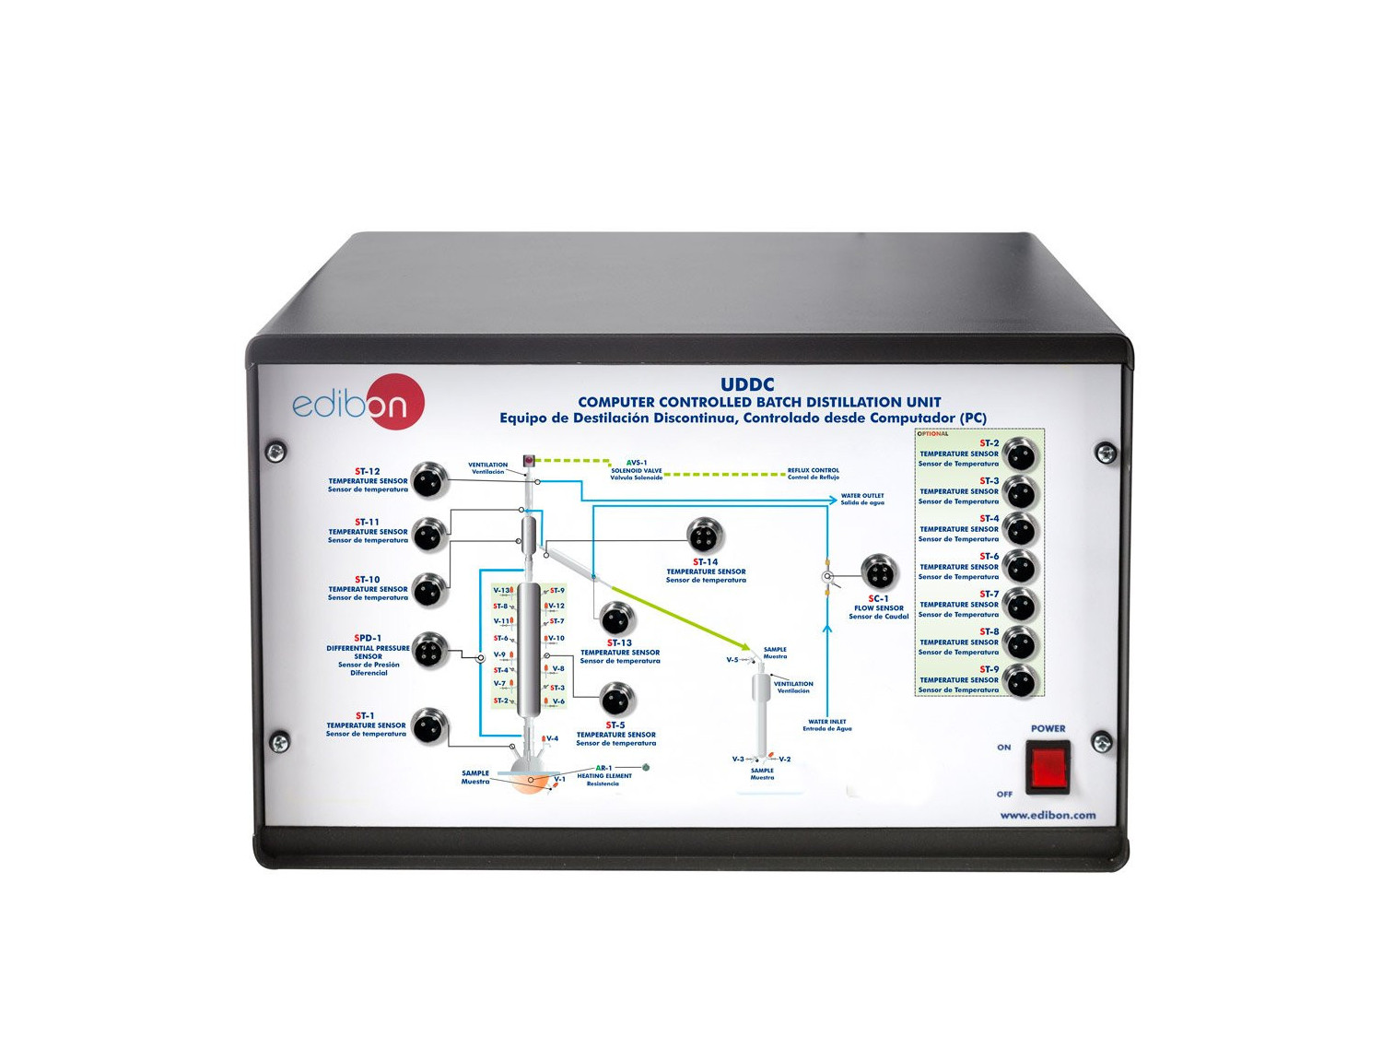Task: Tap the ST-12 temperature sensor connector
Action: pos(428,480)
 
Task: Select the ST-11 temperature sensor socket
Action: pos(428,534)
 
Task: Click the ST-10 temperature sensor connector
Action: pos(428,590)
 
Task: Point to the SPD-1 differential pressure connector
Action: pos(428,652)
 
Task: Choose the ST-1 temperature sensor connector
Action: pos(428,727)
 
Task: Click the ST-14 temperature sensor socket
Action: pos(705,536)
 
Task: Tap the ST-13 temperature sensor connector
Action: pos(616,619)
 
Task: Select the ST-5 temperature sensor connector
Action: pos(616,700)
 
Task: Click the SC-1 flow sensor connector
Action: pos(878,572)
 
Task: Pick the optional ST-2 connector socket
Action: pos(1020,454)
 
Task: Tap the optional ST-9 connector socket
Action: pos(1020,682)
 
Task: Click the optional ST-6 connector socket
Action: pos(1020,567)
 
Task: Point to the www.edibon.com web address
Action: pos(1048,815)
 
